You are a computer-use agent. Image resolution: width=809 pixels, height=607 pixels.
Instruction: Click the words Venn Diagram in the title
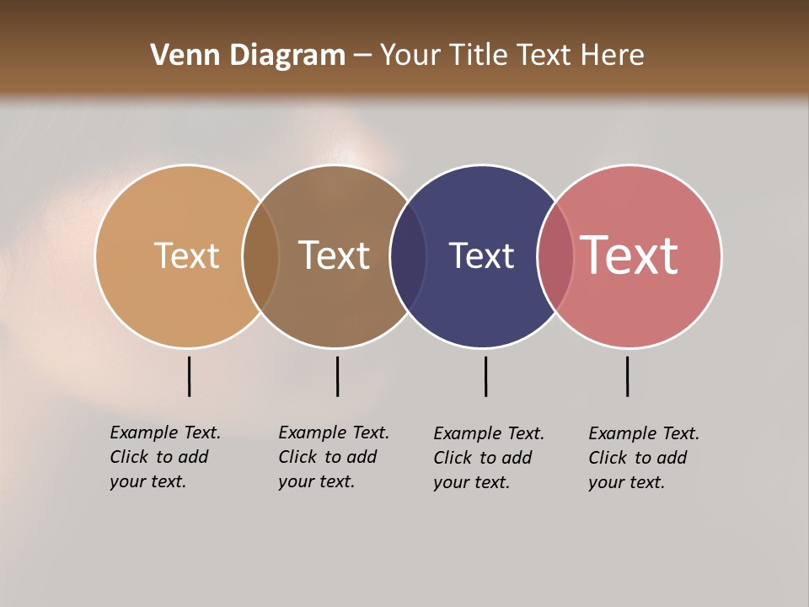(x=248, y=56)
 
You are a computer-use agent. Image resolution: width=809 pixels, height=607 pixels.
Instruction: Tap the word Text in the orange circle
(x=186, y=255)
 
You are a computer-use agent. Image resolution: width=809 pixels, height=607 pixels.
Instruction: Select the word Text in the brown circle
(x=334, y=255)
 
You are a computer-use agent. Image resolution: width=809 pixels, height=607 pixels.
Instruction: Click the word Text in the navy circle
(x=481, y=255)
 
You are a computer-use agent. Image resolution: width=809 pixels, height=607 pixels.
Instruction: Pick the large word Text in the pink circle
(x=630, y=255)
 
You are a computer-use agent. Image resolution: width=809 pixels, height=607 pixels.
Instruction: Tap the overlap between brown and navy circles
(x=408, y=256)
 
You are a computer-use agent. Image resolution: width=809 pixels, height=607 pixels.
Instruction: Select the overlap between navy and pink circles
(x=555, y=256)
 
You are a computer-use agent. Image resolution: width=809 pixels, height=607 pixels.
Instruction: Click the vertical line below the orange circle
(x=189, y=376)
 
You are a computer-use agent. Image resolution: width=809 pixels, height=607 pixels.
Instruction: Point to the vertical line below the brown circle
(x=337, y=376)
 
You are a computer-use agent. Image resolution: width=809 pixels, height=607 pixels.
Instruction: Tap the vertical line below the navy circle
(x=485, y=376)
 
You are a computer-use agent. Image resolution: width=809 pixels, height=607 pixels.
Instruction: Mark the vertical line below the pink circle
(x=627, y=376)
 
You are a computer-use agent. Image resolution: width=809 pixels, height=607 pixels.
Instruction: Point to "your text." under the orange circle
(x=147, y=481)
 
